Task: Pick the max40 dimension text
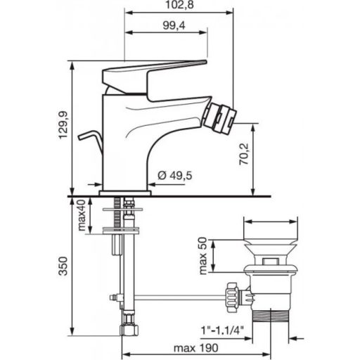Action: click(x=82, y=217)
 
